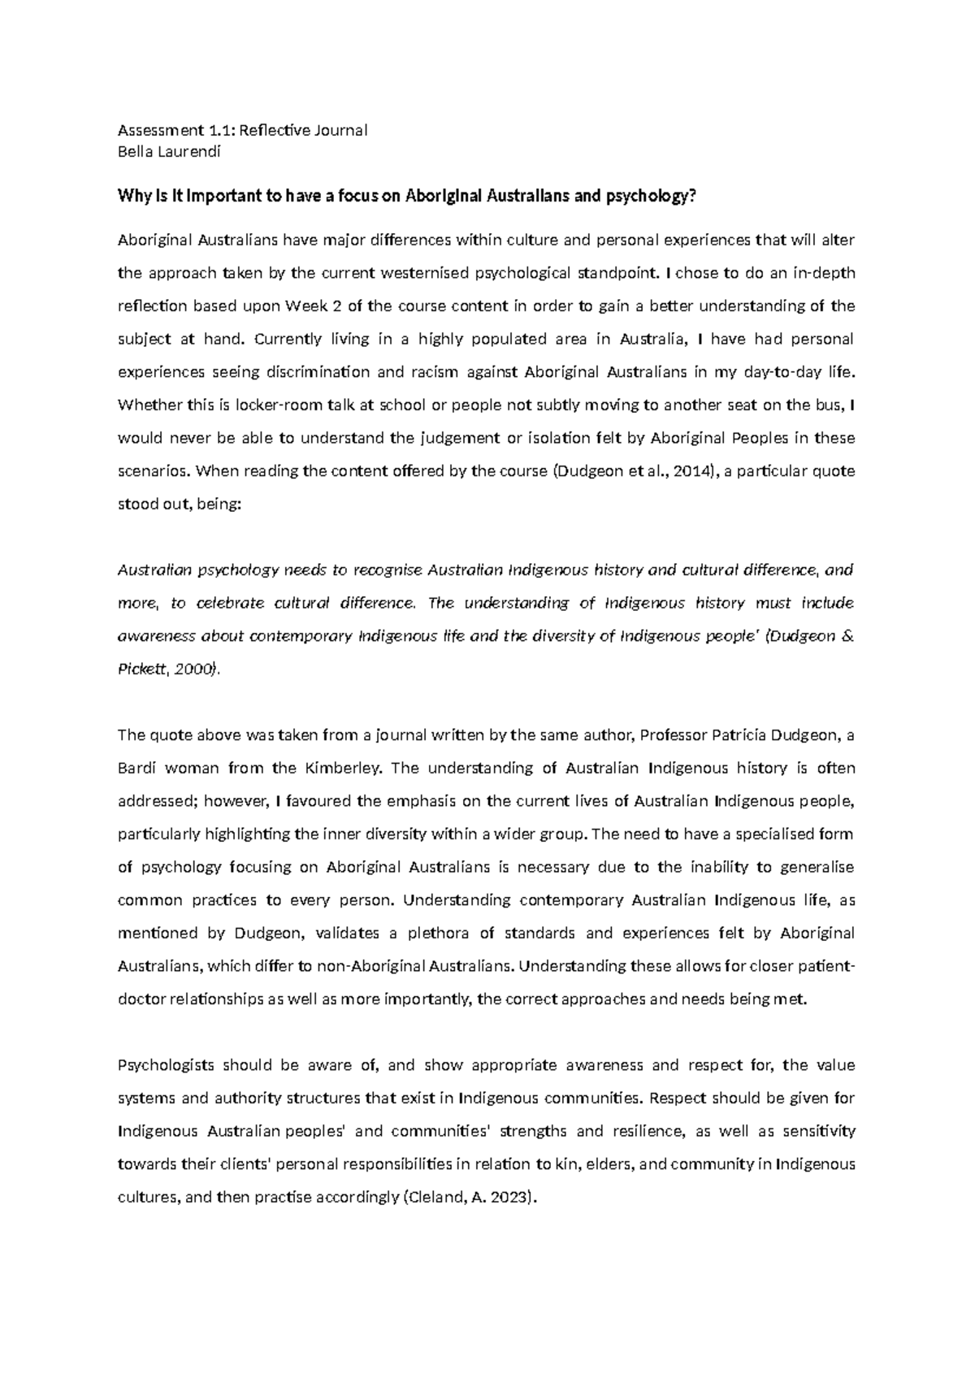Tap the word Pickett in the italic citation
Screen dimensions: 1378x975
click(x=141, y=669)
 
